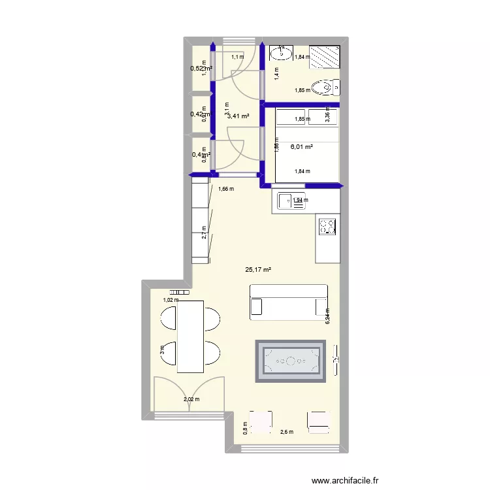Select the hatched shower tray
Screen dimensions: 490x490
click(x=325, y=56)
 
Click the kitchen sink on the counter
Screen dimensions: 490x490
click(x=291, y=202)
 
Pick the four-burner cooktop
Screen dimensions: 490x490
click(x=327, y=226)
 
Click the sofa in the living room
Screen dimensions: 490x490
click(x=288, y=302)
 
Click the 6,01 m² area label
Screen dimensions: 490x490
click(x=301, y=147)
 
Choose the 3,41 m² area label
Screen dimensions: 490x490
click(x=238, y=116)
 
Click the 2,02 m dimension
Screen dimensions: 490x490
click(x=191, y=400)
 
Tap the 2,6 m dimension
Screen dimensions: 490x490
click(x=286, y=432)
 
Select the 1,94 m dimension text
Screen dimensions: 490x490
click(x=301, y=201)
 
